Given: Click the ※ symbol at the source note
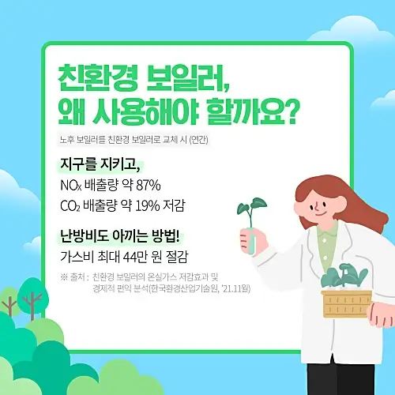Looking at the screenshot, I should (x=64, y=276).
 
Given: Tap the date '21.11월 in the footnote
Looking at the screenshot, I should (x=235, y=288).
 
